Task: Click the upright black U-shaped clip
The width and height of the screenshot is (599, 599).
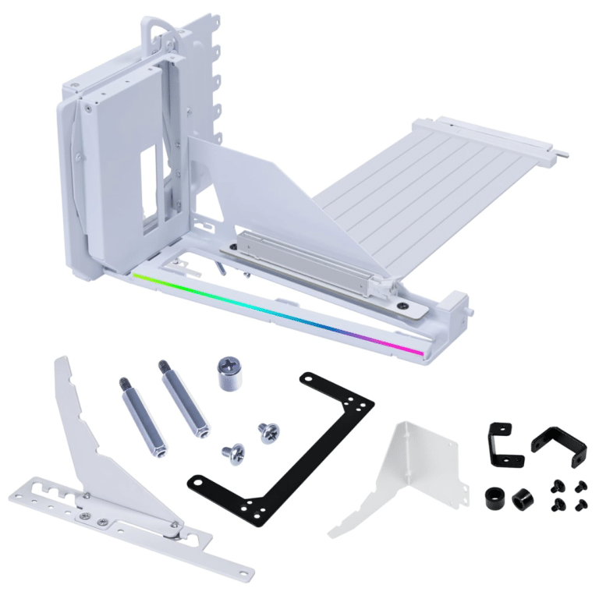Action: tap(499, 441)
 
